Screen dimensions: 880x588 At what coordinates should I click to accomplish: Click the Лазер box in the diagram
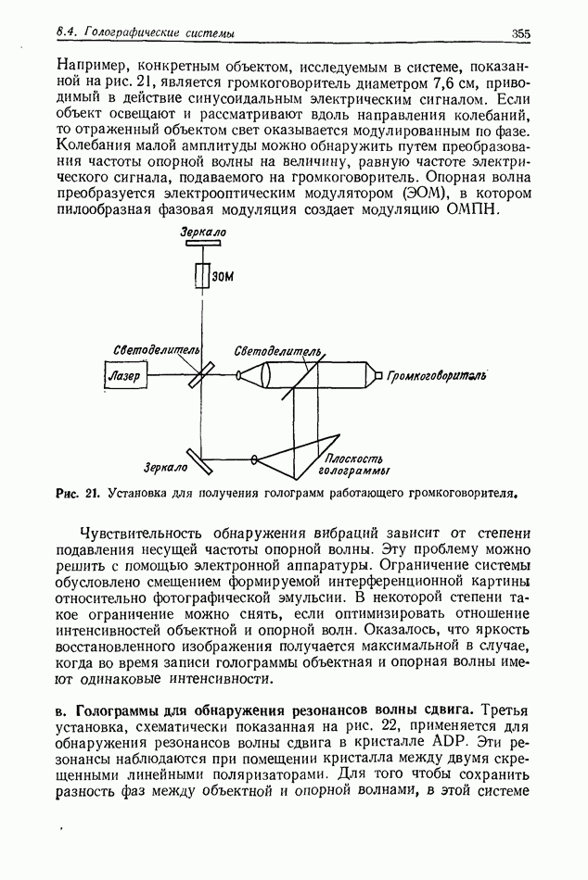[x=124, y=375]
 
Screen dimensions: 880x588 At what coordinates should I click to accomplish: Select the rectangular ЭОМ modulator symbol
[x=203, y=275]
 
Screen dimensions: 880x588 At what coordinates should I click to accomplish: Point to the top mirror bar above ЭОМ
[x=203, y=245]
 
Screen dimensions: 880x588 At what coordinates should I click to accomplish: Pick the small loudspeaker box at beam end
[x=376, y=375]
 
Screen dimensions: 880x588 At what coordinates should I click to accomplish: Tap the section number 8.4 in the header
[x=66, y=33]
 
